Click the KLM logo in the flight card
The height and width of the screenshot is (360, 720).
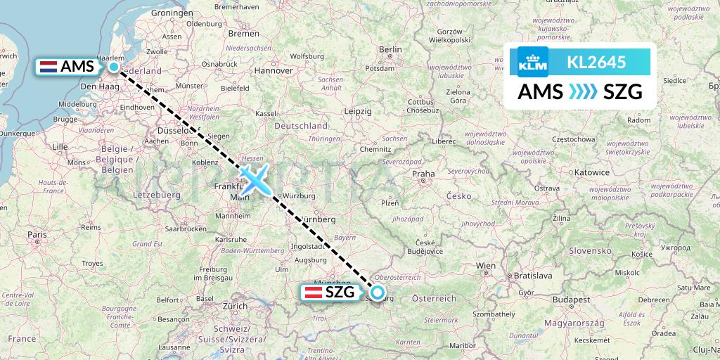(532, 62)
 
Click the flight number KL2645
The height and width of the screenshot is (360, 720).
(596, 62)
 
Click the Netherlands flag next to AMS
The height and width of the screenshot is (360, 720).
(49, 67)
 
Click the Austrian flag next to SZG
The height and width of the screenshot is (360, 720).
(311, 293)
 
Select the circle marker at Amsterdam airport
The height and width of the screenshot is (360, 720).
(114, 67)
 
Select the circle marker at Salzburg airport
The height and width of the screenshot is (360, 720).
(378, 292)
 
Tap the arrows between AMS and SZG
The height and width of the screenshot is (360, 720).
(579, 92)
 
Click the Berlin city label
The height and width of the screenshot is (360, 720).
(390, 49)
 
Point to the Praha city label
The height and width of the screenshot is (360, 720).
(423, 173)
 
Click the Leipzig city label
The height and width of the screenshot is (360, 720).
(358, 111)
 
